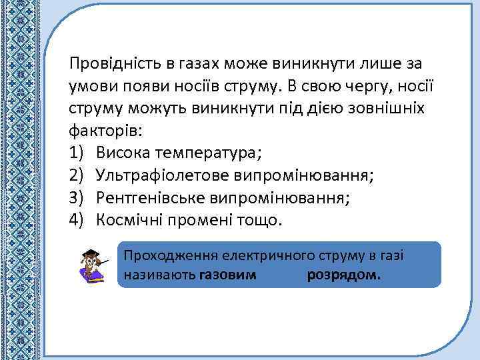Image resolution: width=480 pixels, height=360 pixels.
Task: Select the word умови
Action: point(91,86)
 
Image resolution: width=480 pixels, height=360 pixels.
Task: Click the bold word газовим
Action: point(227,275)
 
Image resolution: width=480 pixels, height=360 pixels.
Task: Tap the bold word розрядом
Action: point(344,275)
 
